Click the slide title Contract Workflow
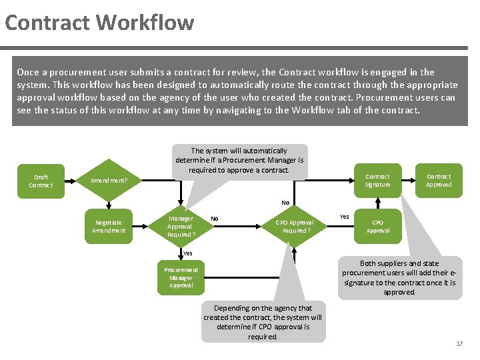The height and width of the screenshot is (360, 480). click(99, 23)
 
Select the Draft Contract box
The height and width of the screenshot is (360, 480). click(41, 181)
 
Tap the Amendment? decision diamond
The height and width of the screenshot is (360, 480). click(109, 181)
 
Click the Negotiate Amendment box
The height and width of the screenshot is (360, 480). click(109, 226)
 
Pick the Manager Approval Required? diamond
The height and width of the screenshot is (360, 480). click(181, 226)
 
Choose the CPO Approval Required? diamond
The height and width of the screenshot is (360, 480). click(295, 226)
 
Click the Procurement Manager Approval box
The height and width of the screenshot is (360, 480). click(181, 277)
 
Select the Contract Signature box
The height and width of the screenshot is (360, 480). click(377, 181)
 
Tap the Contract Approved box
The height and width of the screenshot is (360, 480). click(439, 181)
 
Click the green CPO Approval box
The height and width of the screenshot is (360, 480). click(377, 226)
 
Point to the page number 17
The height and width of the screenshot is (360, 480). click(459, 343)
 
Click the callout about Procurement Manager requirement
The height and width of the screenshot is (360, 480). click(239, 161)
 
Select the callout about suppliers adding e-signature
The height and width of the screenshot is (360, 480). click(399, 277)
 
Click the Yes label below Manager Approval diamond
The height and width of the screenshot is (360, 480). click(187, 253)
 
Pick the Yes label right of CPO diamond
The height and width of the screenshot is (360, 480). click(344, 217)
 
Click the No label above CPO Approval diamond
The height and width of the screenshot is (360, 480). click(285, 203)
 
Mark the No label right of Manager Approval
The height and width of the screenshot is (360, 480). click(214, 218)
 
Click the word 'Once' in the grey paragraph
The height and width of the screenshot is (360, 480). click(28, 72)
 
